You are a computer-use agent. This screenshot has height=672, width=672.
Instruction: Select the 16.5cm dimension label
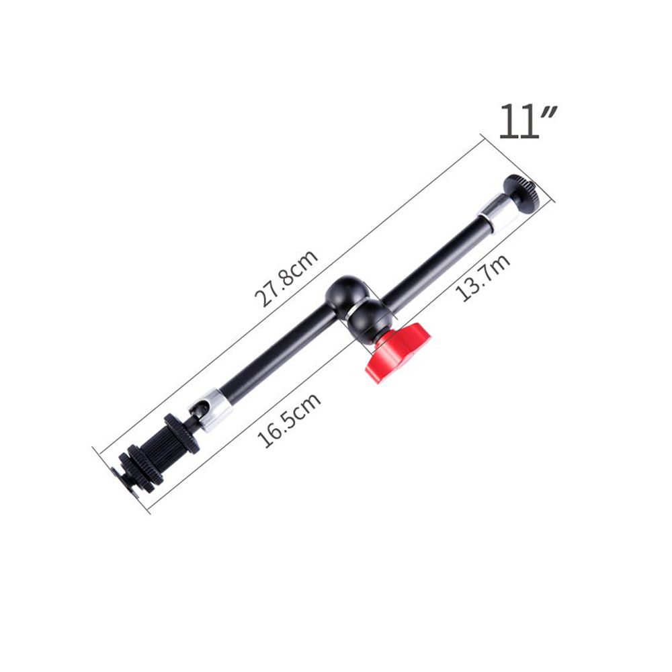288,420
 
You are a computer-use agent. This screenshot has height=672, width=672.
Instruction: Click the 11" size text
528,121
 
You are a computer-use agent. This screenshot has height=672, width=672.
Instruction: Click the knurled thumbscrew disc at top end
522,194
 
